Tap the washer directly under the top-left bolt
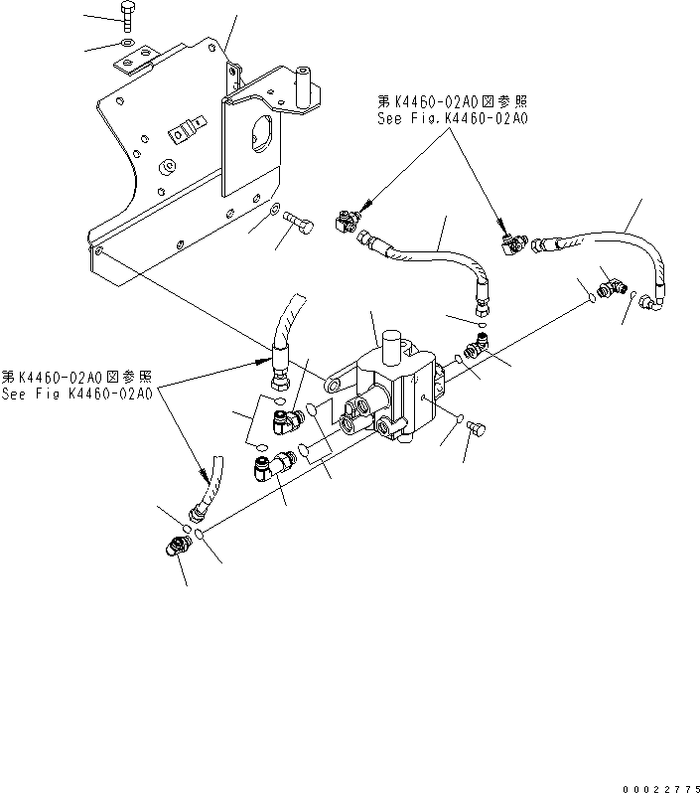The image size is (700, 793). [x=124, y=44]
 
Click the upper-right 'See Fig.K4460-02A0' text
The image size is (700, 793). [x=452, y=117]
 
